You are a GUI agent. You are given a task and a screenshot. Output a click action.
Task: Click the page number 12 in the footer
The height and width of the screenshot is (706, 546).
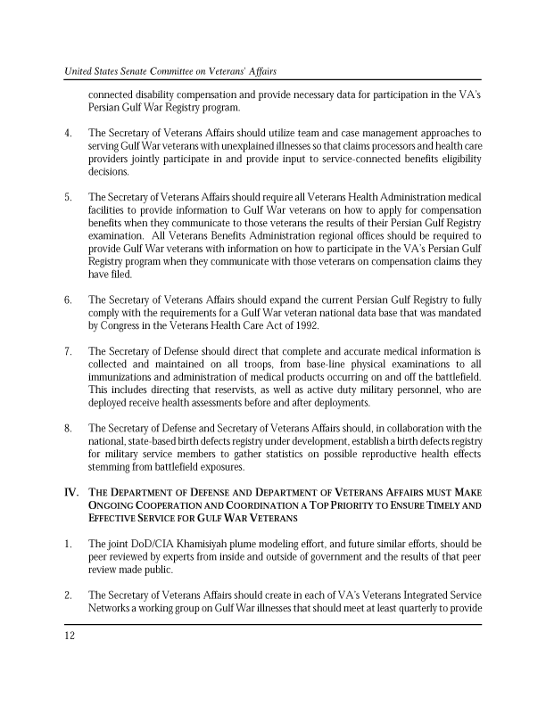point(69,636)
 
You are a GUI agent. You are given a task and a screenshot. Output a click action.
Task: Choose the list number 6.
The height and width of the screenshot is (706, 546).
point(68,288)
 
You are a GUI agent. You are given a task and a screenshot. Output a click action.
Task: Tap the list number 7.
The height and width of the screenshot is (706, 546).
point(68,351)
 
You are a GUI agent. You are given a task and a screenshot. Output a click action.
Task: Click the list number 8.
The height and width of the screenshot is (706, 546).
point(68,428)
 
